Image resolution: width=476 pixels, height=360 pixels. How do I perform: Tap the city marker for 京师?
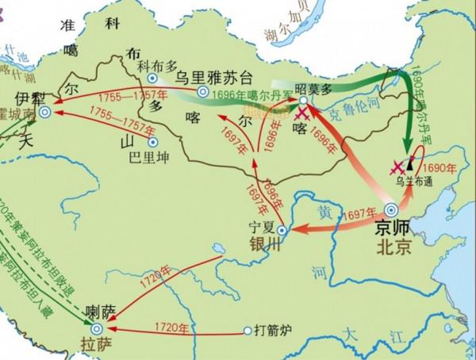[390, 210]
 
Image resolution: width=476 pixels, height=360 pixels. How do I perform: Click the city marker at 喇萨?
[97, 327]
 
